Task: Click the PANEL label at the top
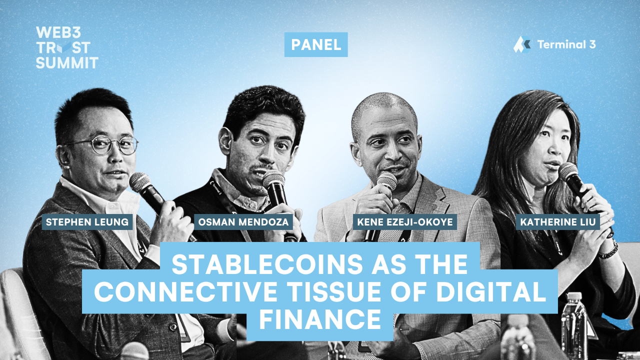pyautogui.click(x=316, y=44)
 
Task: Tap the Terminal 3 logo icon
pyautogui.click(x=521, y=44)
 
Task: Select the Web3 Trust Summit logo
pyautogui.click(x=66, y=47)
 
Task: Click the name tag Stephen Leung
pyautogui.click(x=87, y=221)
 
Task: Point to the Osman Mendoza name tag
pyautogui.click(x=243, y=221)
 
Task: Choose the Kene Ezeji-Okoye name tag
pyautogui.click(x=405, y=221)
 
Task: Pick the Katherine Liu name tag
pyautogui.click(x=558, y=221)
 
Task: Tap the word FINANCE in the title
pyautogui.click(x=320, y=318)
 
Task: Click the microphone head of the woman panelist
pyautogui.click(x=568, y=172)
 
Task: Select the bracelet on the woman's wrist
pyautogui.click(x=609, y=250)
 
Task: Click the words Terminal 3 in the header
pyautogui.click(x=566, y=44)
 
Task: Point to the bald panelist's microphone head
pyautogui.click(x=386, y=181)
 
